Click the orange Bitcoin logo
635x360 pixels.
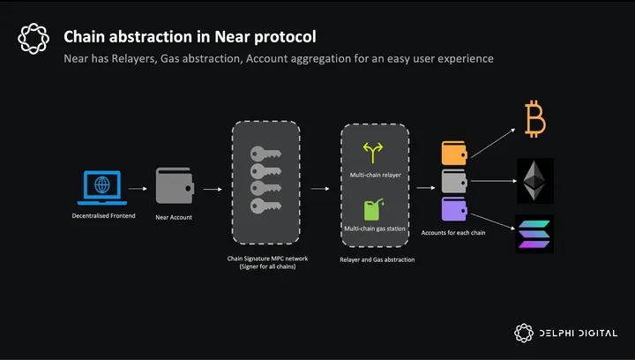535,118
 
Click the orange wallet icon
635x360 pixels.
453,153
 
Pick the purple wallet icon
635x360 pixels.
453,209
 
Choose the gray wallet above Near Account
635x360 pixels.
174,187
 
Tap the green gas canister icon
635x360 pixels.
374,210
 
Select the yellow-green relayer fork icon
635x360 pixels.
374,152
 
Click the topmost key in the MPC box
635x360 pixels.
265,153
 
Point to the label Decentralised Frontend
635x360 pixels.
104,216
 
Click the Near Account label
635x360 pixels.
174,217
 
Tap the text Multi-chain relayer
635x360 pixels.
375,175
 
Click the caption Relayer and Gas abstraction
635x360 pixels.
377,259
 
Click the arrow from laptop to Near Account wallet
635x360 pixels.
137,188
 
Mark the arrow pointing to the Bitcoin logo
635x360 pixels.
494,142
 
